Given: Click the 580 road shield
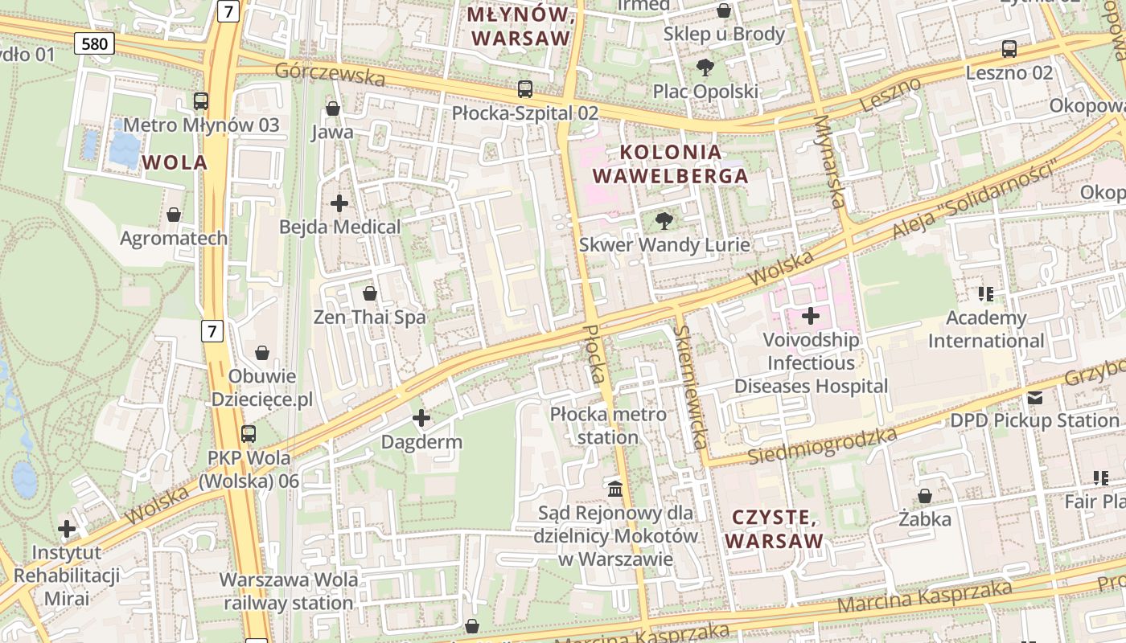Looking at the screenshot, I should click(94, 43).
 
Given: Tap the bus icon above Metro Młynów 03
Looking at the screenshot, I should click(201, 101).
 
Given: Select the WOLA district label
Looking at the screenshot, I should click(175, 162).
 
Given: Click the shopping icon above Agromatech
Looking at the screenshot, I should click(174, 215).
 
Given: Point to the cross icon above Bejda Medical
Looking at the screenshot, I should click(339, 203).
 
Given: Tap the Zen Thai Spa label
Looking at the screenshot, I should click(369, 317).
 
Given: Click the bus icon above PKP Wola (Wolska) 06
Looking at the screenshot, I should click(249, 434).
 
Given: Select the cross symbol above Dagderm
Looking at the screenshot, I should click(421, 418).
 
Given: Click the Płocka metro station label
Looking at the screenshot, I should click(608, 426).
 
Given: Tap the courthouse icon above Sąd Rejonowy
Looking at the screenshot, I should click(615, 489).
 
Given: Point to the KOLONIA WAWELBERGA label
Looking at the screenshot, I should click(669, 164).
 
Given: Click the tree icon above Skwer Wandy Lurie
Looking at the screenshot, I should click(664, 220).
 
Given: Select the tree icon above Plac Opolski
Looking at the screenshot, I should click(705, 68).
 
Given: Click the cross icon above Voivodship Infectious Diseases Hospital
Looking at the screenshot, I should click(811, 316).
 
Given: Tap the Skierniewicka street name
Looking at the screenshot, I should click(692, 386).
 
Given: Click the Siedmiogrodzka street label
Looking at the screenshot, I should click(822, 447).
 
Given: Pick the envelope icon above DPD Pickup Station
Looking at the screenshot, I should click(1034, 397).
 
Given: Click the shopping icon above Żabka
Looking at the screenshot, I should click(925, 496).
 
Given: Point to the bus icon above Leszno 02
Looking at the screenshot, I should click(1009, 49).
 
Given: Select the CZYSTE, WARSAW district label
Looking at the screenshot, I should click(774, 528).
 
